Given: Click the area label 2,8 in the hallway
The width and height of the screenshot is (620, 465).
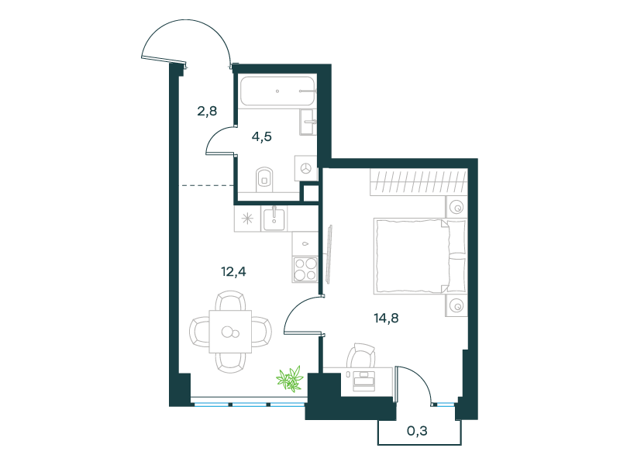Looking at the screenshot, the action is (207, 111).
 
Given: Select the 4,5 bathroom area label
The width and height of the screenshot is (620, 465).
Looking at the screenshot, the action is (262, 137).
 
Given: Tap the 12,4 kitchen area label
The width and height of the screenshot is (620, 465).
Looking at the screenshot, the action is (233, 272).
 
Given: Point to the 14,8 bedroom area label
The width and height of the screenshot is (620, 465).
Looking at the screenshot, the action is (386, 318).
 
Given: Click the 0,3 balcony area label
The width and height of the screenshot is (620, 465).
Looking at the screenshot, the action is (417, 431).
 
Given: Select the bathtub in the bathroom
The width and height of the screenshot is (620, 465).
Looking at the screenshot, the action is (277, 91).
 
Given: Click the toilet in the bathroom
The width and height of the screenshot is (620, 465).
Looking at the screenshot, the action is (264, 180).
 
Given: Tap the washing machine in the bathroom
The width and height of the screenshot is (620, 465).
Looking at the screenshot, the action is (305, 168).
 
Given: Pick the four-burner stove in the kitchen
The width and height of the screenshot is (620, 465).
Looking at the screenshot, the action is (305, 269).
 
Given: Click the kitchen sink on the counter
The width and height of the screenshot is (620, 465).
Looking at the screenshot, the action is (274, 219).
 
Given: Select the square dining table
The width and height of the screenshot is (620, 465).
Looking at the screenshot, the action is (230, 332).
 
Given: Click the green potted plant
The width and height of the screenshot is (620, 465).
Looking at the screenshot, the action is (290, 379).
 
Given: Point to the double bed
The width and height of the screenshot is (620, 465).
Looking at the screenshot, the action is (419, 257).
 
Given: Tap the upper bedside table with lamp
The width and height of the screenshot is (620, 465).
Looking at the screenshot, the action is (456, 207).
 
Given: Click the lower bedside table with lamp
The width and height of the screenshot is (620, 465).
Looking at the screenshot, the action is (456, 305).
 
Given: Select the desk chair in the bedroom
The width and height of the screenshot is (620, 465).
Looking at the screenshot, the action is (360, 355).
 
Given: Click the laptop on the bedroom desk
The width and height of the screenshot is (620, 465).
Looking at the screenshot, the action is (363, 381).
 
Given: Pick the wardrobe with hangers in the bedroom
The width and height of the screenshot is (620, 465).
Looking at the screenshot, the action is (418, 182).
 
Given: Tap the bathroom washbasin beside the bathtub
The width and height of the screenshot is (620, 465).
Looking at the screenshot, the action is (308, 122).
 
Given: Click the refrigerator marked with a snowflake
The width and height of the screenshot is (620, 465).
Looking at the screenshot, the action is (247, 219).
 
